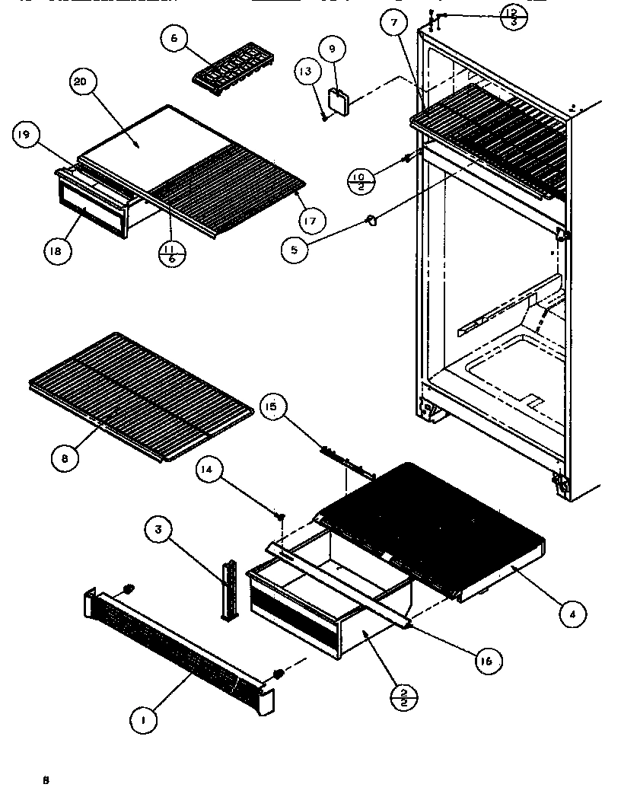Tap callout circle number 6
pyautogui.click(x=174, y=38)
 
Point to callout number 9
pyautogui.click(x=332, y=49)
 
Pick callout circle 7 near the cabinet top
pyautogui.click(x=393, y=24)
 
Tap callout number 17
pyautogui.click(x=313, y=220)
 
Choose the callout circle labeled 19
pyautogui.click(x=24, y=135)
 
